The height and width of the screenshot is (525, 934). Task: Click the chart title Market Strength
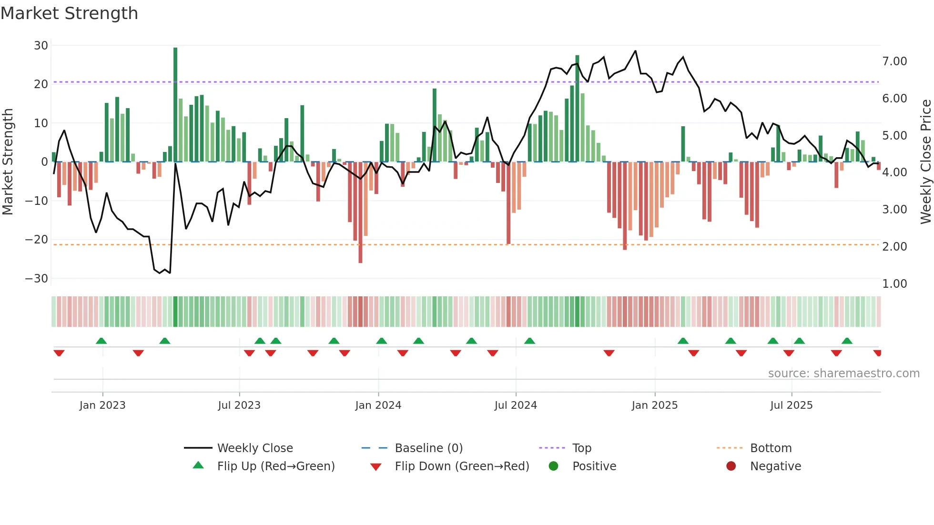69,13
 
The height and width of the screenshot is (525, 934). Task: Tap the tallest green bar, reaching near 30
175,105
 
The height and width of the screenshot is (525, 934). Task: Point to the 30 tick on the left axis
41,46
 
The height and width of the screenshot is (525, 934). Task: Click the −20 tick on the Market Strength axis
37,240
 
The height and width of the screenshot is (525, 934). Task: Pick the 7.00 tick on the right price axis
894,61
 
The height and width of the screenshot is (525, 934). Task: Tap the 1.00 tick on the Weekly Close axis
894,284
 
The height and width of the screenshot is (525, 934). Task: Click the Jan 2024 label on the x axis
378,405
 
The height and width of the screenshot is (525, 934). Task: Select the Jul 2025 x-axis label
791,405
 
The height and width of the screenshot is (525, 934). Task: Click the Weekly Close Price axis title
925,162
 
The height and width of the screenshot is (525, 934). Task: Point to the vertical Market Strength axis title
8,162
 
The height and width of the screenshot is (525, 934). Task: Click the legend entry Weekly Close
255,448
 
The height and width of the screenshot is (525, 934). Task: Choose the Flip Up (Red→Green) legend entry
276,466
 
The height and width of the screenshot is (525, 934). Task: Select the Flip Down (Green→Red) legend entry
462,466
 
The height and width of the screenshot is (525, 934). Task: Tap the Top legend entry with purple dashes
581,448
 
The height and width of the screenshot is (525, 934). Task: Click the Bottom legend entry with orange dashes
771,448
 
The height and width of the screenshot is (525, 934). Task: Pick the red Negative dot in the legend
731,466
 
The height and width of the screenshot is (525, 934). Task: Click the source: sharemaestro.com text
843,374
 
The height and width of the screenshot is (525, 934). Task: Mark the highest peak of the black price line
635,51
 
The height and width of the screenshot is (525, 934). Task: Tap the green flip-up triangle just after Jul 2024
529,341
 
